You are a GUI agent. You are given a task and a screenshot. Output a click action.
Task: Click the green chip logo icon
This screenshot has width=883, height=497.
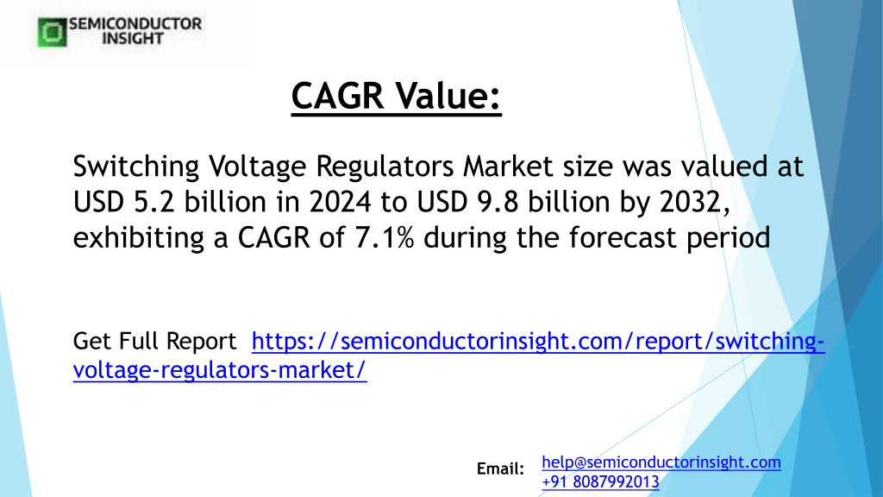tap(52, 32)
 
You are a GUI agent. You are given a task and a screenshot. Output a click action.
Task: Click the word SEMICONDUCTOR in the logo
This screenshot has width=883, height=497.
tap(135, 24)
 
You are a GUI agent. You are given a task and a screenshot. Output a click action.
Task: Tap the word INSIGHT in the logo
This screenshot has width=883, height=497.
tap(133, 38)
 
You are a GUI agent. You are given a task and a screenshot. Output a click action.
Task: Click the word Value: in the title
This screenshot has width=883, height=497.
tap(448, 95)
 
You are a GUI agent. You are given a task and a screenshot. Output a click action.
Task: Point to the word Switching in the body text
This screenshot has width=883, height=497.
tap(136, 167)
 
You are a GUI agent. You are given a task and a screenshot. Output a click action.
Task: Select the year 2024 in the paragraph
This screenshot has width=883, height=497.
tap(340, 202)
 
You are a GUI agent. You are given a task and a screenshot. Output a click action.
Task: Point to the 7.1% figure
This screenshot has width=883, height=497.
tap(385, 237)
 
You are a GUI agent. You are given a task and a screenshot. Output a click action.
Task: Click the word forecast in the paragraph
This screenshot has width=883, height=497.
tap(623, 237)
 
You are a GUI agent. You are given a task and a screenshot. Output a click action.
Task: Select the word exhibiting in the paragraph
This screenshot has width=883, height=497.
tap(139, 238)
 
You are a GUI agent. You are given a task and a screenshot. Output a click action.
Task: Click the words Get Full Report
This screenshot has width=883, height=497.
tap(155, 341)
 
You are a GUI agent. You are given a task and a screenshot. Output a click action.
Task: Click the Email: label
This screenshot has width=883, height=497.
tap(500, 469)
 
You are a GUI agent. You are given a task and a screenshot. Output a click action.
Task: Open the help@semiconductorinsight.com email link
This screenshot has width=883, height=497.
tap(661, 462)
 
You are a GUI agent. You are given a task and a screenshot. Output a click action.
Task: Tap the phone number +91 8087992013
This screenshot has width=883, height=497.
tap(600, 481)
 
